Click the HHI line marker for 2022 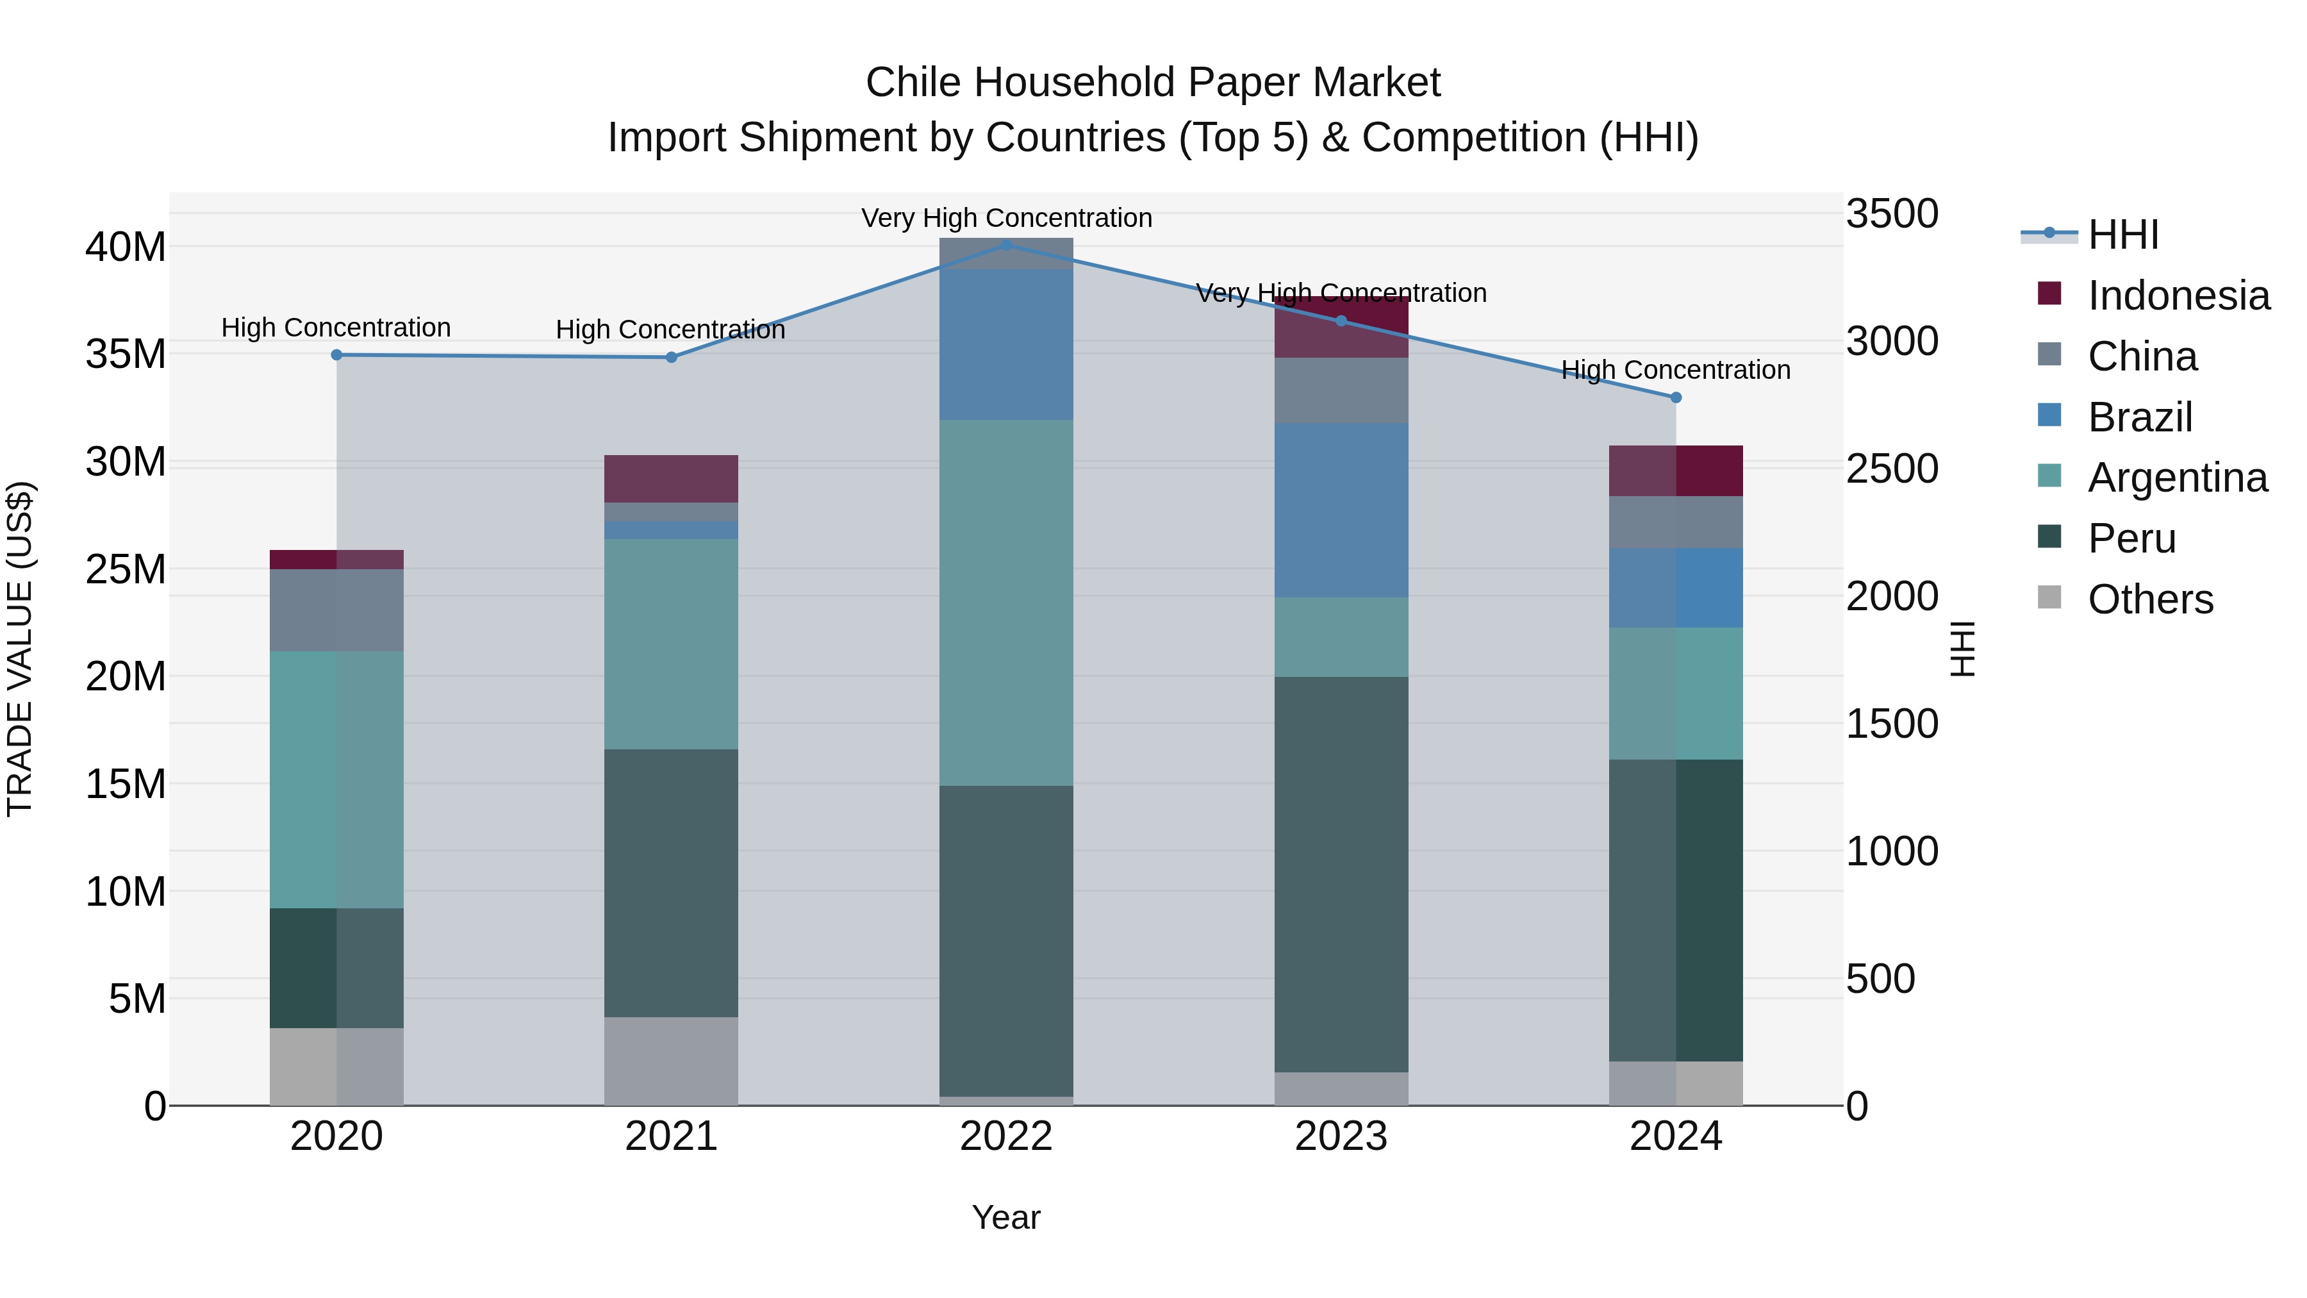[1005, 245]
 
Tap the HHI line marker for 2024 [1676, 397]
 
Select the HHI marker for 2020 [336, 354]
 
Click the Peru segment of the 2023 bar [1341, 874]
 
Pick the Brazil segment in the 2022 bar [1005, 344]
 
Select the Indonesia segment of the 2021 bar [671, 478]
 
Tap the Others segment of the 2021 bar [671, 1061]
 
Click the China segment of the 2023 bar [1341, 390]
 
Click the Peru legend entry [2131, 538]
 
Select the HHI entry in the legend [2122, 235]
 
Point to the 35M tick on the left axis [126, 354]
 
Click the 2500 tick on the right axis [1892, 469]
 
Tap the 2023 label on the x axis [1341, 1136]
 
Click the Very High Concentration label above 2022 [1005, 218]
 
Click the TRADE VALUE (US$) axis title [20, 649]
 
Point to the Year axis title [1005, 1217]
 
